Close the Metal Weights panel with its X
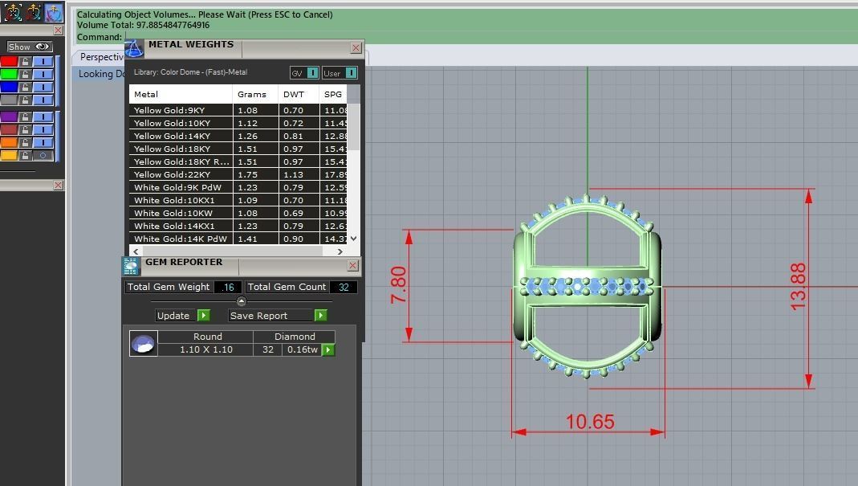(x=356, y=48)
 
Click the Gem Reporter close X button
(x=352, y=266)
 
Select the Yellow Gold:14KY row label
(x=172, y=136)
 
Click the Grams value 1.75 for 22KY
(x=247, y=174)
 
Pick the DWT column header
(x=294, y=94)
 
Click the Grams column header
(x=251, y=94)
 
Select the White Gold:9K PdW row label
(x=177, y=187)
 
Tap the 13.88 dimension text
(x=798, y=287)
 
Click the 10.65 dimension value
(x=590, y=422)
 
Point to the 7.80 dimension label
(x=398, y=284)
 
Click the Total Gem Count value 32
(x=344, y=287)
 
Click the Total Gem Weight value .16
(x=228, y=287)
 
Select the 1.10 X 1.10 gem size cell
(x=206, y=349)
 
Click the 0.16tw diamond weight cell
(x=302, y=349)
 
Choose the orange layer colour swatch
(x=9, y=155)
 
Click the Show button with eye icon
(x=29, y=47)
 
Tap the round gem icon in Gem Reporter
(x=143, y=344)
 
